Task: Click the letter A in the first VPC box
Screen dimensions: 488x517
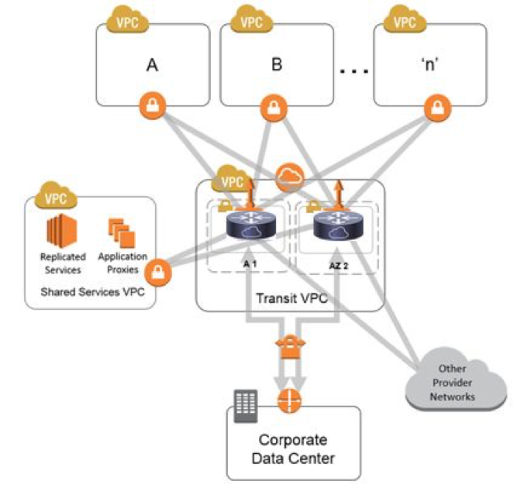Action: (x=153, y=65)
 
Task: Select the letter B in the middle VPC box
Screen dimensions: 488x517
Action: (x=277, y=65)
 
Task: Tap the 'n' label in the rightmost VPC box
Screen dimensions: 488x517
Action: (x=429, y=65)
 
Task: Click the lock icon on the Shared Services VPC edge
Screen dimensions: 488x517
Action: (x=158, y=272)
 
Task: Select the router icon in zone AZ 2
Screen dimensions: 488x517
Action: (x=335, y=226)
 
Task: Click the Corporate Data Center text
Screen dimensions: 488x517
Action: (x=293, y=449)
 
